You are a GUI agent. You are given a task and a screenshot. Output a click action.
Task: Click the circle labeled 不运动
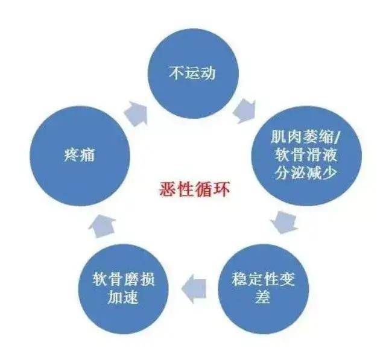[x=193, y=74]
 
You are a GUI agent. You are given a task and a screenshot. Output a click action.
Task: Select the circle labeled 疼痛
[x=80, y=156]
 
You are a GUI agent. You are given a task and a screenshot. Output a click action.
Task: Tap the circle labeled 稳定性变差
[x=263, y=289]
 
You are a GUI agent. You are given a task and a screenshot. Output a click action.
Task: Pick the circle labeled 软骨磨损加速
[x=123, y=289]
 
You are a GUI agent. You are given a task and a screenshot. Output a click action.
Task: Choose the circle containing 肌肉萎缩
[x=306, y=156]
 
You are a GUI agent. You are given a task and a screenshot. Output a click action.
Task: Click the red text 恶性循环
[x=194, y=189]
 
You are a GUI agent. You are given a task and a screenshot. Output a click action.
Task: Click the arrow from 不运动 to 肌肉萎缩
[x=244, y=111]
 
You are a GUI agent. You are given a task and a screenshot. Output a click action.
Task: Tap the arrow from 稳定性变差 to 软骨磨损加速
[x=194, y=289]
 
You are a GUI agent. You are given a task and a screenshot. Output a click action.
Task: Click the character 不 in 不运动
[x=177, y=73]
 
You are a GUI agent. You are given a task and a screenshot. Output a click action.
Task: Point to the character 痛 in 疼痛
[x=87, y=155]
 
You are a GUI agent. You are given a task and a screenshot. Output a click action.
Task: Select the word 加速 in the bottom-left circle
[x=123, y=297]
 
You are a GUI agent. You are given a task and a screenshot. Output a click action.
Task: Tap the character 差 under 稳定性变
[x=263, y=297]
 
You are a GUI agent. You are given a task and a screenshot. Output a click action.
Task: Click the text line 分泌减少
[x=306, y=173]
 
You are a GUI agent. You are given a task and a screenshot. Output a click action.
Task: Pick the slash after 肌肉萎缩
[x=337, y=137]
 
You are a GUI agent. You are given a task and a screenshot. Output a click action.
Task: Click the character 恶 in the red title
[x=168, y=189]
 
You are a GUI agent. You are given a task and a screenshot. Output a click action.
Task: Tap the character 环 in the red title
[x=221, y=189]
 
